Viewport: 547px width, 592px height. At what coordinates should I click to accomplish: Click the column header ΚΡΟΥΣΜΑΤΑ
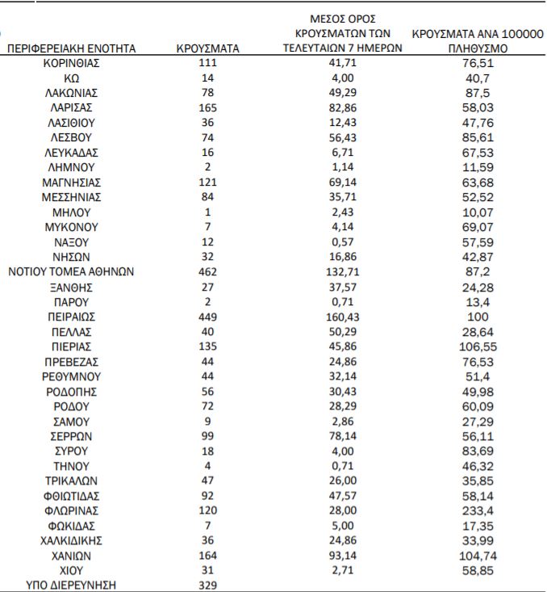pyautogui.click(x=207, y=48)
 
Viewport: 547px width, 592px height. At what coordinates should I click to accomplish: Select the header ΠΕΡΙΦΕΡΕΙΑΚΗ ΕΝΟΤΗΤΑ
pyautogui.click(x=72, y=48)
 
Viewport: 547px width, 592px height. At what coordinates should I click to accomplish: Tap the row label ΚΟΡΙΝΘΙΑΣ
pyautogui.click(x=72, y=63)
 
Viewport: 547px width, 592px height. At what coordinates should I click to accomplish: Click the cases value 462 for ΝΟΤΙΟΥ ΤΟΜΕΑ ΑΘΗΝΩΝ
pyautogui.click(x=207, y=271)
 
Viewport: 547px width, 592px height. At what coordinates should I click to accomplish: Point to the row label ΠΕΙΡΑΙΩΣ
pyautogui.click(x=72, y=317)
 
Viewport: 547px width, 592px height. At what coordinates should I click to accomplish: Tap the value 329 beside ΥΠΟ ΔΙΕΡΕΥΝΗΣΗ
pyautogui.click(x=207, y=585)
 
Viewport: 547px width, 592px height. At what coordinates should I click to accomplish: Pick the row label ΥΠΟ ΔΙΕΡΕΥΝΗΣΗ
pyautogui.click(x=72, y=585)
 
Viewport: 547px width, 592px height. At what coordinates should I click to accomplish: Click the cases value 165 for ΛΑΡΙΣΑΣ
pyautogui.click(x=207, y=107)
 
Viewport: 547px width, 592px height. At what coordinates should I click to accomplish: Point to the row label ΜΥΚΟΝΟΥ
pyautogui.click(x=72, y=227)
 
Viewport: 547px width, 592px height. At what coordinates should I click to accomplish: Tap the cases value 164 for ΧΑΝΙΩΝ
pyautogui.click(x=207, y=555)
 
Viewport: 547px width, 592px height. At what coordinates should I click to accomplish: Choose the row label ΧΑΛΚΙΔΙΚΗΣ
pyautogui.click(x=72, y=540)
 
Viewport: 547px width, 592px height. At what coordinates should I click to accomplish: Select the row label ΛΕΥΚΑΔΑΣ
pyautogui.click(x=72, y=153)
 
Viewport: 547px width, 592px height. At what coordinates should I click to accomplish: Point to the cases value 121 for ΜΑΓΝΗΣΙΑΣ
pyautogui.click(x=207, y=183)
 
